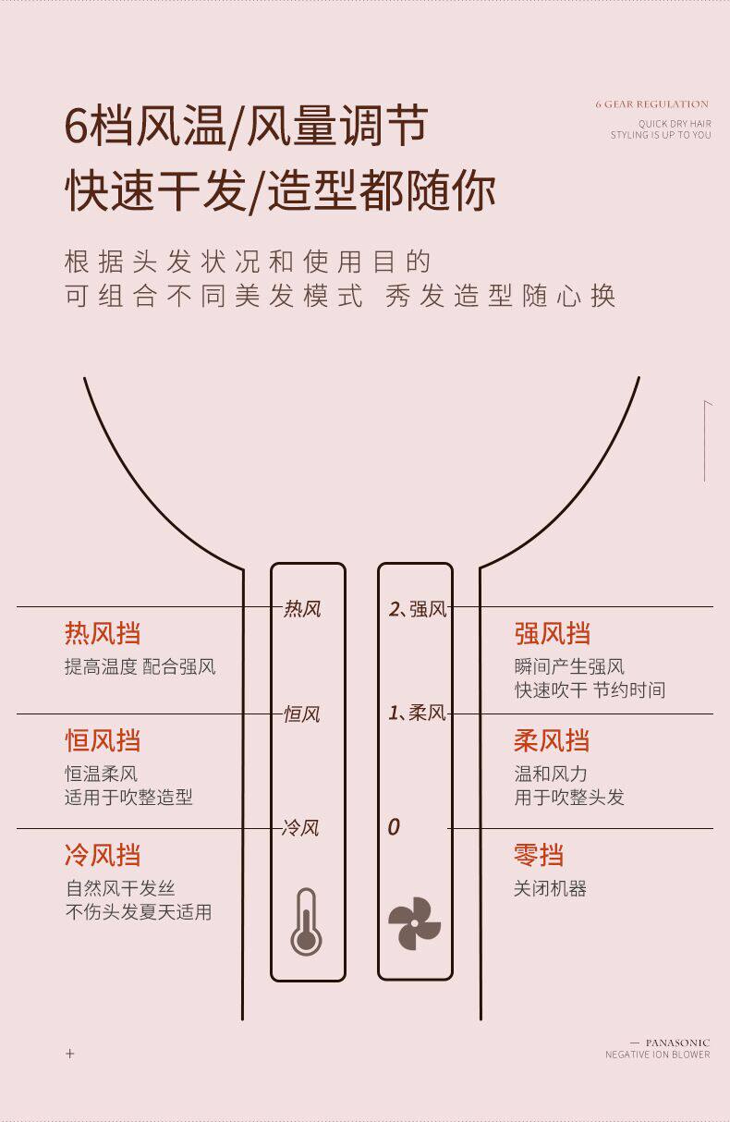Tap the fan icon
pyautogui.click(x=414, y=923)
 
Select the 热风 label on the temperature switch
pyautogui.click(x=302, y=609)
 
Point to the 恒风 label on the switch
pyautogui.click(x=301, y=714)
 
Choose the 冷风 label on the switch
pyautogui.click(x=300, y=828)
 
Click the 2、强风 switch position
pyautogui.click(x=418, y=609)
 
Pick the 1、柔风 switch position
pyautogui.click(x=417, y=713)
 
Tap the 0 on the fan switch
pyautogui.click(x=394, y=827)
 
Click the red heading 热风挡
pyautogui.click(x=103, y=634)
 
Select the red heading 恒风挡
pyautogui.click(x=103, y=740)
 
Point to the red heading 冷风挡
pyautogui.click(x=103, y=855)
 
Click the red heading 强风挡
pyautogui.click(x=552, y=634)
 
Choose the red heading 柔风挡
pyautogui.click(x=552, y=740)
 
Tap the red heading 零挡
pyautogui.click(x=539, y=855)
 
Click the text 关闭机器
pyautogui.click(x=551, y=889)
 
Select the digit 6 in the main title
pyautogui.click(x=76, y=126)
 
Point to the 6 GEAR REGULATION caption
pyautogui.click(x=652, y=104)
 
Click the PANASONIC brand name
pyautogui.click(x=677, y=1043)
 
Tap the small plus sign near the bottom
pyautogui.click(x=70, y=1054)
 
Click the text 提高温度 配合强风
pyautogui.click(x=140, y=667)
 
